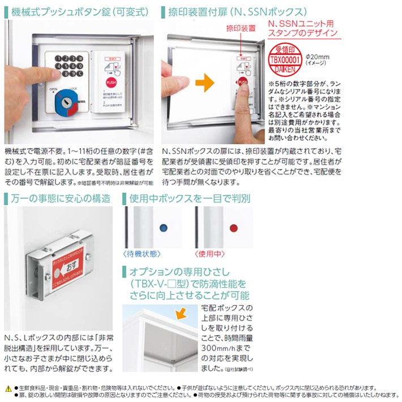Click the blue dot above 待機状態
click(x=164, y=228)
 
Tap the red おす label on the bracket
click(x=69, y=266)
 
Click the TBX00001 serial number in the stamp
click(x=283, y=59)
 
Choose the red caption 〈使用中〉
click(x=210, y=254)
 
